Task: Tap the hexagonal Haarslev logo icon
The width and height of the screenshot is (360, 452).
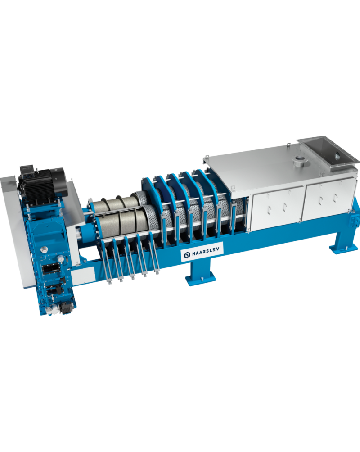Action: coord(187,255)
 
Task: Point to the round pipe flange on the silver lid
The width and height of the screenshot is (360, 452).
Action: coord(299,159)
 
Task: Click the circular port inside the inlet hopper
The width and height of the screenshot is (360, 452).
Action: coord(337,156)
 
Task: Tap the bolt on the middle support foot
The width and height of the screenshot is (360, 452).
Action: coord(202,278)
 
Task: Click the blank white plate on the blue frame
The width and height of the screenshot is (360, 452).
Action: coord(83,275)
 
